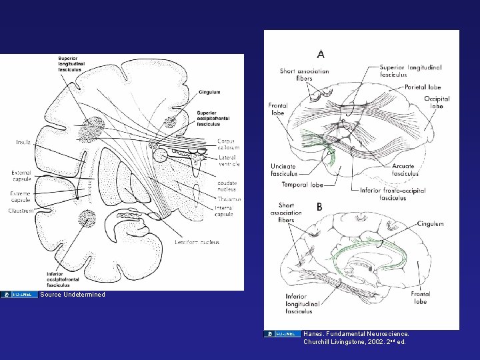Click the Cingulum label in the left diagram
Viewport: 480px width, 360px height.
coord(209,92)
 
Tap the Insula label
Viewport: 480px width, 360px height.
coord(23,142)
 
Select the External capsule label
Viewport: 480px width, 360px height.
coord(21,176)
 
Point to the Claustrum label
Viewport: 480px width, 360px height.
coord(21,211)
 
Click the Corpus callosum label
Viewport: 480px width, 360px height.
coord(227,144)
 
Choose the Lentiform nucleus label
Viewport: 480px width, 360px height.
coord(194,241)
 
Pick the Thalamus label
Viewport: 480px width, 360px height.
coord(229,199)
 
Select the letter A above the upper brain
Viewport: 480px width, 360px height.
coord(321,54)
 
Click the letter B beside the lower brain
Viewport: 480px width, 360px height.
coord(319,207)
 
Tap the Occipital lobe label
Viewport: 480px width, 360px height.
coord(437,102)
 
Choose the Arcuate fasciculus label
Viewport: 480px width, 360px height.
coord(405,170)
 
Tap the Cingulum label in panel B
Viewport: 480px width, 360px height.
coord(430,224)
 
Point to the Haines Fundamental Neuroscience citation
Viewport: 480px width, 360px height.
coord(356,337)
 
